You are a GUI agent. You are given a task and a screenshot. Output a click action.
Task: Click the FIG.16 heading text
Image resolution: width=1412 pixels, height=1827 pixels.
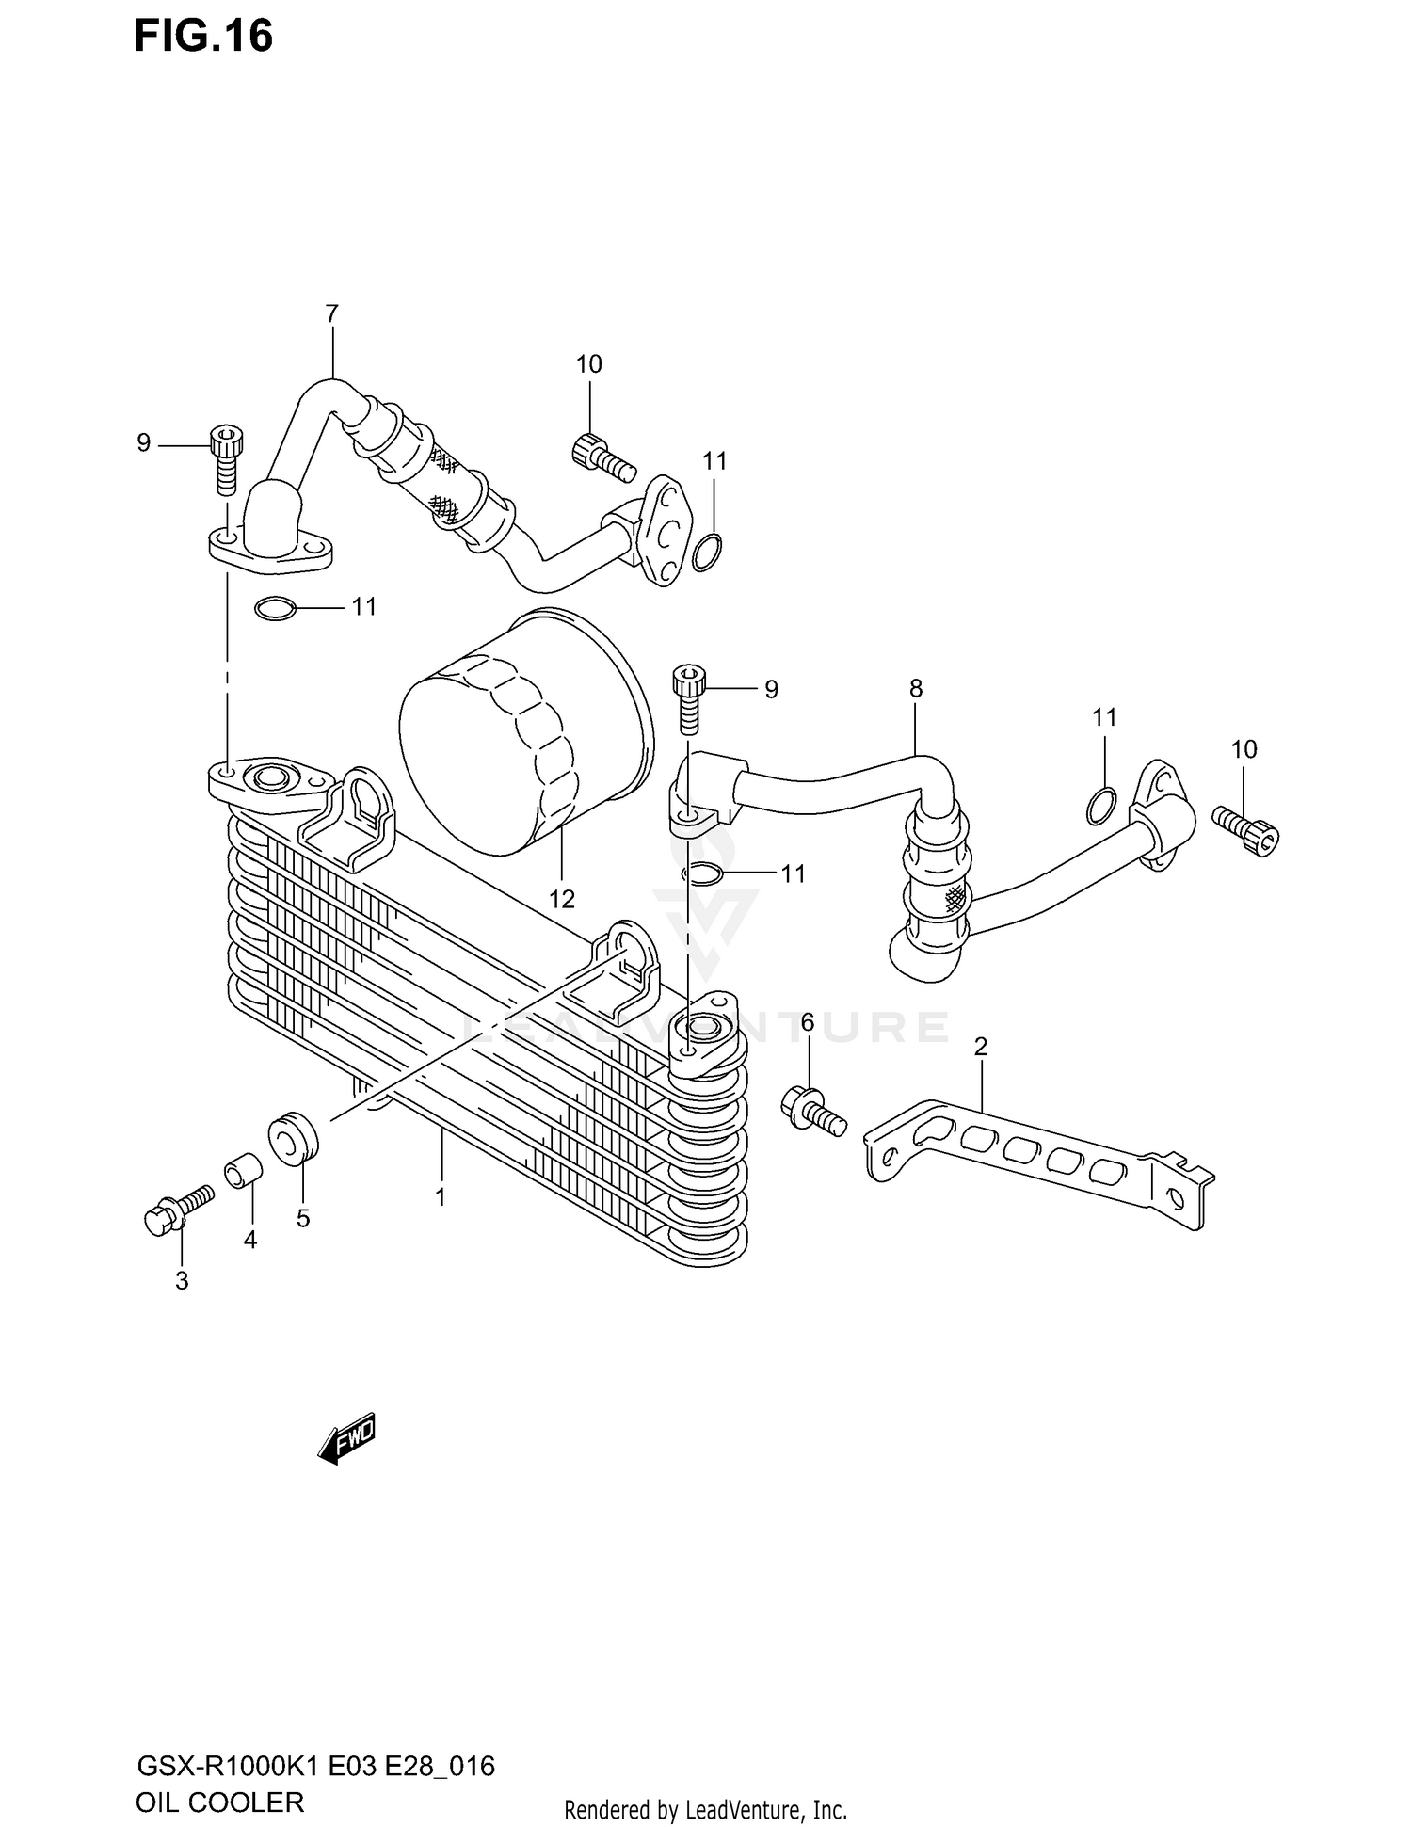[203, 36]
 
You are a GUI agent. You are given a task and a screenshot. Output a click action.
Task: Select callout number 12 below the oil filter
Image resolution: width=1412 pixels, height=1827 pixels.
[561, 899]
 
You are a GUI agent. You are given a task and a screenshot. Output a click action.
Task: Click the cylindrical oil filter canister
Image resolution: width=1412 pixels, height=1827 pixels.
[524, 733]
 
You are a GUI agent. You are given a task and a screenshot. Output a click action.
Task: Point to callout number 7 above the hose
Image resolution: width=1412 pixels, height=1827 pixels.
[331, 313]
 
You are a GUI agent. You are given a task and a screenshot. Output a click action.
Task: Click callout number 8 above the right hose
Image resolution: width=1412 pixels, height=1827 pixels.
[916, 688]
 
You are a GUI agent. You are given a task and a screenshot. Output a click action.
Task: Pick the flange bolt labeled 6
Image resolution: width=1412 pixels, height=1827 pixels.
[812, 1109]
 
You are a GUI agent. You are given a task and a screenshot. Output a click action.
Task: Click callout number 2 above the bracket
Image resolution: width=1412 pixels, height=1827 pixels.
[980, 1046]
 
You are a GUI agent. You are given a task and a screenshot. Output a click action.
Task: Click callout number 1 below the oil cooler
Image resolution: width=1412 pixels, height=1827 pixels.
[440, 1197]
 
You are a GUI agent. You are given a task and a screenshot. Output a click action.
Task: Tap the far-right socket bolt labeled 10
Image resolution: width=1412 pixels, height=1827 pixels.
[1246, 828]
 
